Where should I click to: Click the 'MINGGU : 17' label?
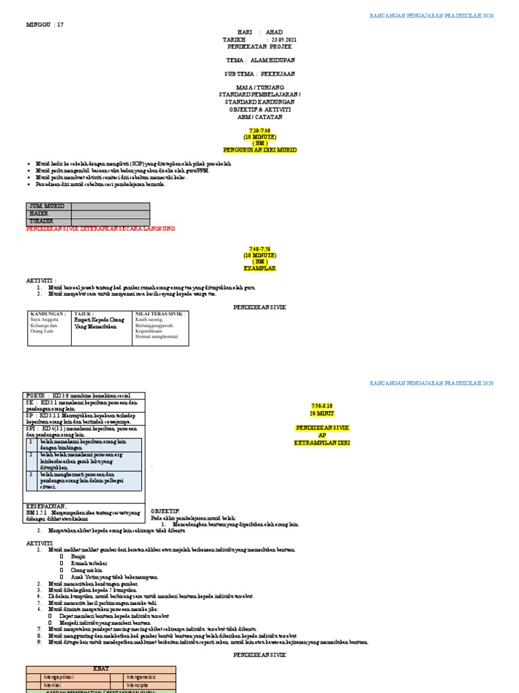pyautogui.click(x=45, y=25)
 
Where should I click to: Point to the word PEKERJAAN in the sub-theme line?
pyautogui.click(x=278, y=73)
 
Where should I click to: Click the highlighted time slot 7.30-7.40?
pyautogui.click(x=259, y=129)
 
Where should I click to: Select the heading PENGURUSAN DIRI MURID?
pyautogui.click(x=260, y=150)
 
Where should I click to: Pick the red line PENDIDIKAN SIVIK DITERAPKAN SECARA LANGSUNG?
pyautogui.click(x=100, y=229)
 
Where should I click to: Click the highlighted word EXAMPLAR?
pyautogui.click(x=260, y=268)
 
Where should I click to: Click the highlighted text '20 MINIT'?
pyautogui.click(x=322, y=412)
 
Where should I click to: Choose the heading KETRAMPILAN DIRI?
pyautogui.click(x=322, y=442)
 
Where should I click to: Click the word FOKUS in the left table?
pyautogui.click(x=36, y=395)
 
